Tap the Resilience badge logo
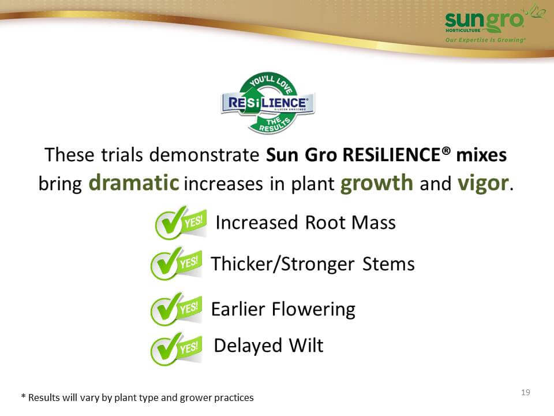[x=268, y=103]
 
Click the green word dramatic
[x=133, y=183]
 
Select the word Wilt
[x=306, y=346]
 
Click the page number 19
[x=525, y=392]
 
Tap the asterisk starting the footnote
[x=23, y=396]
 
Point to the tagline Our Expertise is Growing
[x=485, y=40]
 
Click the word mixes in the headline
[x=481, y=155]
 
